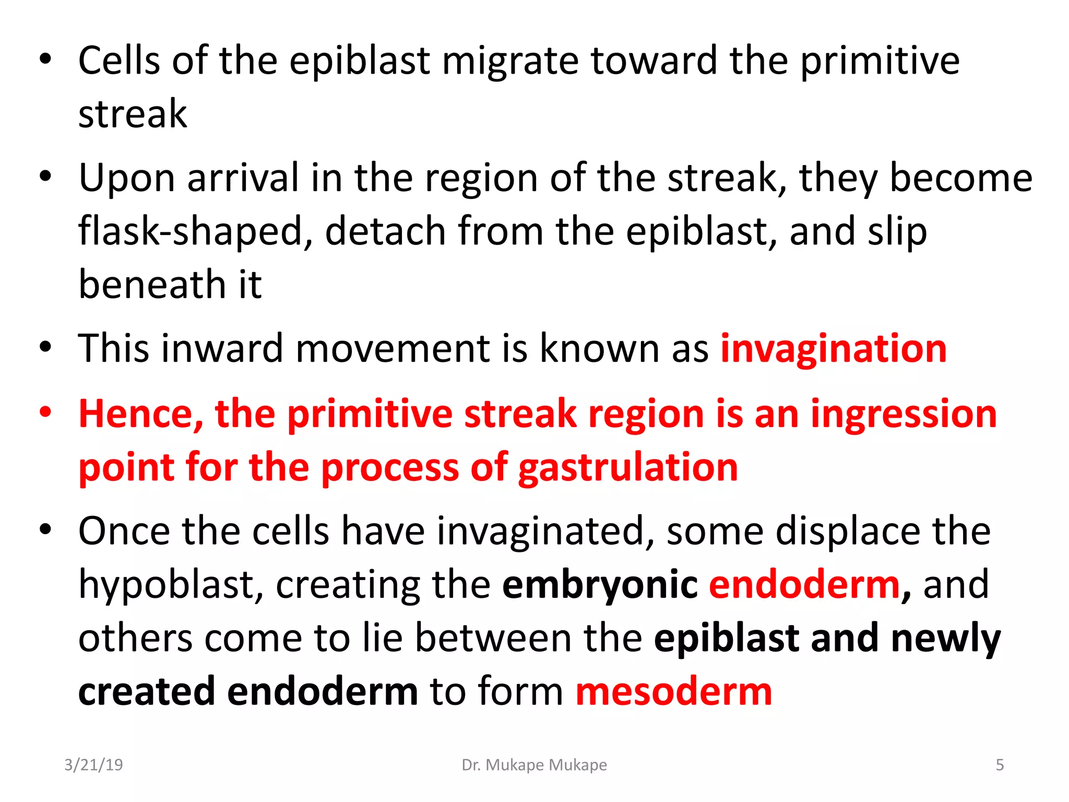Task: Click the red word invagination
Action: [833, 349]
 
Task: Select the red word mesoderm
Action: [673, 691]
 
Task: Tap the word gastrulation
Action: [628, 467]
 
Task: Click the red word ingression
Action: [904, 414]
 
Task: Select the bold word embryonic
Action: [600, 585]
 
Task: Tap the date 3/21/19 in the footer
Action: [93, 765]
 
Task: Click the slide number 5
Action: [1000, 765]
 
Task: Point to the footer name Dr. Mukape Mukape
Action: [534, 765]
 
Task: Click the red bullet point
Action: [46, 412]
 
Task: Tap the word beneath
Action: [151, 285]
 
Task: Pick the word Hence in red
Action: [140, 414]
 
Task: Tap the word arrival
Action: [243, 178]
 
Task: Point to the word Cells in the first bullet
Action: [119, 61]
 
